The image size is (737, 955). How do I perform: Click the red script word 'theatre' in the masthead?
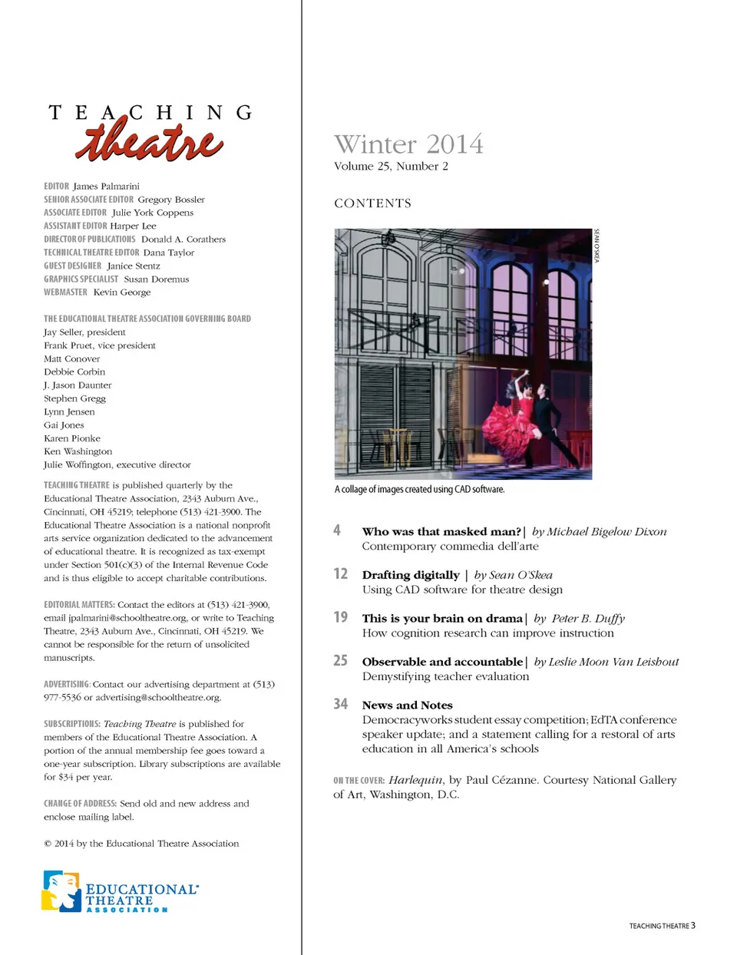(x=149, y=143)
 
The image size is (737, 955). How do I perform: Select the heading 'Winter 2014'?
(x=408, y=144)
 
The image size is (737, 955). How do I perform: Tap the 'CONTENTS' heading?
(x=372, y=203)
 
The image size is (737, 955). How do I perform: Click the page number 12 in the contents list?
(x=340, y=573)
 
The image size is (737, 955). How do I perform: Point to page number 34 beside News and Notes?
(x=340, y=704)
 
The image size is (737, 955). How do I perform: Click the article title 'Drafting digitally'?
(x=411, y=575)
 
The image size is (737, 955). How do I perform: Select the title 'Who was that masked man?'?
(x=441, y=531)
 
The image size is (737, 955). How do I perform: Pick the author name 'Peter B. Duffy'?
(x=588, y=618)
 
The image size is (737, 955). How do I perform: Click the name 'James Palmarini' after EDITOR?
(x=106, y=186)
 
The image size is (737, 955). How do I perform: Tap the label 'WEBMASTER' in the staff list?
(x=65, y=292)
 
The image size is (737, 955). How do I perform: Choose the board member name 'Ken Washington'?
(x=78, y=451)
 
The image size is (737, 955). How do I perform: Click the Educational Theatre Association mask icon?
(x=61, y=891)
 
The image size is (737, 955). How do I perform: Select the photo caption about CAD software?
(x=419, y=489)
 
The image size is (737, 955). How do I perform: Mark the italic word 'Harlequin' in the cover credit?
(x=415, y=780)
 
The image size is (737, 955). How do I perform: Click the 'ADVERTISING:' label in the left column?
(x=67, y=684)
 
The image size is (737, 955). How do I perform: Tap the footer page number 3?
(x=692, y=925)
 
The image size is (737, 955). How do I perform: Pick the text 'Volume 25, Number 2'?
(x=391, y=166)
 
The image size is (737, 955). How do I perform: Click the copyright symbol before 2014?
(x=48, y=844)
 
